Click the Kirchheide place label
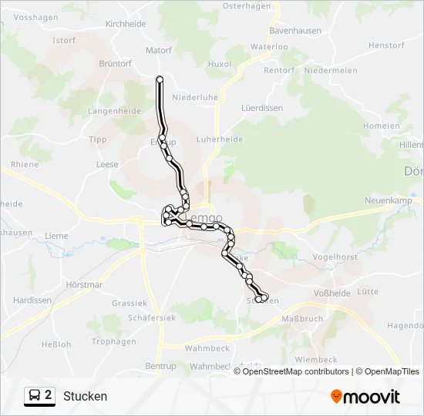coord(126,24)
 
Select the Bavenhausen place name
coord(294,31)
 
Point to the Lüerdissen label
coord(262,108)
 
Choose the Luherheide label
coord(220,139)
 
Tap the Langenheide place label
coord(114,111)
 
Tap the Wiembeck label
coord(316,360)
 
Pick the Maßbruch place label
coord(301,318)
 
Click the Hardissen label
coord(32,300)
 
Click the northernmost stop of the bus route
coord(160,79)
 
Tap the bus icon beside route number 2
coord(35,396)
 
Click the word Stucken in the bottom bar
coord(86,396)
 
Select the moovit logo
coord(365,397)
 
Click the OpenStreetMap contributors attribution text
coord(296,371)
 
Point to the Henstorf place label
coord(386,45)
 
